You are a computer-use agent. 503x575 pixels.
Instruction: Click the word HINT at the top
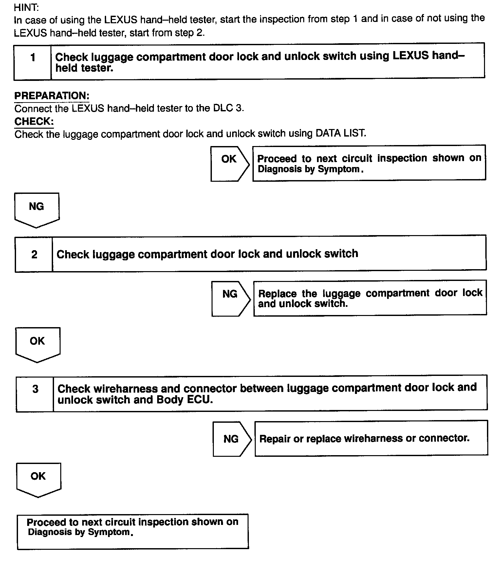(26, 7)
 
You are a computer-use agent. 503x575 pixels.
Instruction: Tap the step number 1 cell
(33, 61)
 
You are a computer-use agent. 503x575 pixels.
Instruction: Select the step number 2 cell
(34, 254)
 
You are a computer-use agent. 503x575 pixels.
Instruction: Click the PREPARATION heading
(52, 96)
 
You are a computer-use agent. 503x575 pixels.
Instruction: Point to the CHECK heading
(34, 121)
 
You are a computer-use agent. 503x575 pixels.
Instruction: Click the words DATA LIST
(341, 133)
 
